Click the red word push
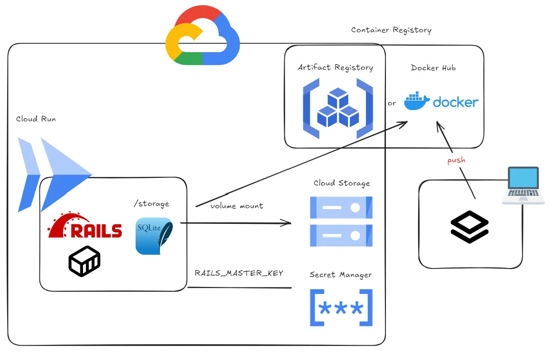[456, 160]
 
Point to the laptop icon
[523, 185]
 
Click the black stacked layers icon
[469, 226]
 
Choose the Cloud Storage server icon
[341, 221]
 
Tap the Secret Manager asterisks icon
[341, 308]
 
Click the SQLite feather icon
[154, 236]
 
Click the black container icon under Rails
[84, 261]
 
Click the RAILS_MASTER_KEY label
[239, 273]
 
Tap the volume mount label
[236, 206]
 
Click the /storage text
[151, 204]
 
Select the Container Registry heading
[391, 30]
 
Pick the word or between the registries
[392, 103]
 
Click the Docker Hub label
[433, 68]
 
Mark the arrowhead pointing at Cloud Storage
[287, 222]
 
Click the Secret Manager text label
[341, 275]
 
